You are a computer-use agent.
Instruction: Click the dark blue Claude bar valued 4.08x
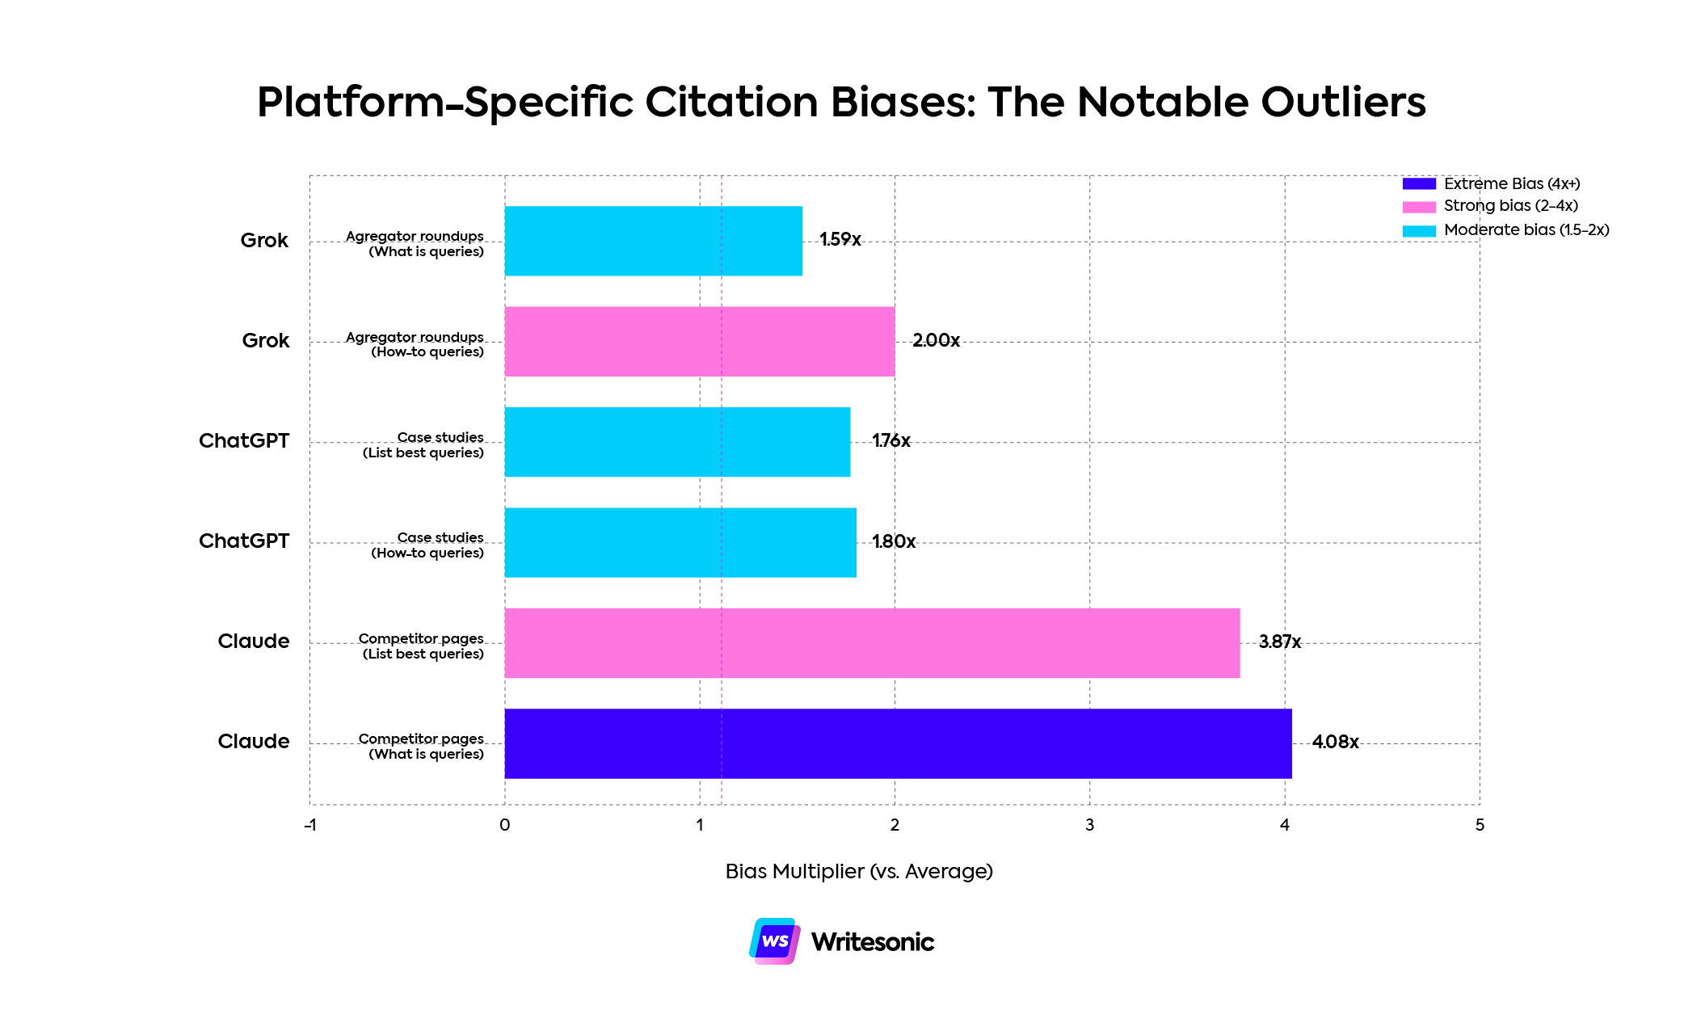(x=897, y=743)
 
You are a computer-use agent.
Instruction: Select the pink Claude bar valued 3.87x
(x=871, y=643)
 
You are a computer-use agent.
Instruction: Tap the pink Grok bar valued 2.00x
(x=699, y=341)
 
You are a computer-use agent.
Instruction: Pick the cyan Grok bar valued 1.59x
(x=653, y=241)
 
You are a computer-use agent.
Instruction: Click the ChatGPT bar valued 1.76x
(x=676, y=442)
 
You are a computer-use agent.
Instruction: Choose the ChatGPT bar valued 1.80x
(x=680, y=542)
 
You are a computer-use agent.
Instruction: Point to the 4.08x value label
(x=1335, y=742)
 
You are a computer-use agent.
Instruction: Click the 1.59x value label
(x=840, y=239)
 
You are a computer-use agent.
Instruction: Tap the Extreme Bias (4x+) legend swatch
(x=1419, y=183)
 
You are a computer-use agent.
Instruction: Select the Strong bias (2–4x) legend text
(x=1510, y=206)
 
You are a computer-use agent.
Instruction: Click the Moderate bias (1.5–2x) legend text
(x=1526, y=230)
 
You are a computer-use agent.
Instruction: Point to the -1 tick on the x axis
(x=309, y=825)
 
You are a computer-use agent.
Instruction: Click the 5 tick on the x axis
(x=1480, y=825)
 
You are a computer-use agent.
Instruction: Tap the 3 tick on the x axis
(x=1089, y=825)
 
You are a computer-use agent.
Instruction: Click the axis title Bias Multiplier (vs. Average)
(x=858, y=871)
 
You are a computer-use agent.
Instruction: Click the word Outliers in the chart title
(x=1343, y=103)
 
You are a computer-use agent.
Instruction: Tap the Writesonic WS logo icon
(x=774, y=941)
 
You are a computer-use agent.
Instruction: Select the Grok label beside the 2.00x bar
(x=265, y=340)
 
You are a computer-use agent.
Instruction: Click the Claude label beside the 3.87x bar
(x=253, y=641)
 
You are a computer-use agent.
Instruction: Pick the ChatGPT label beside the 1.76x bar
(x=243, y=440)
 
